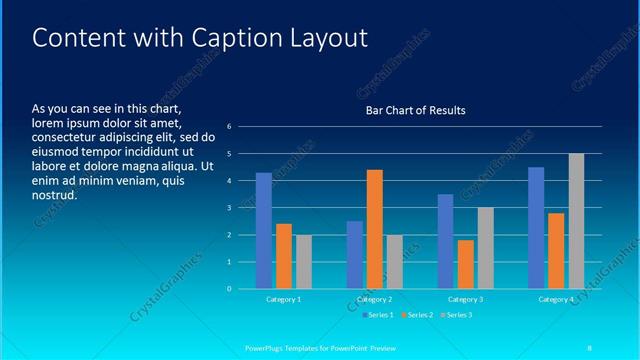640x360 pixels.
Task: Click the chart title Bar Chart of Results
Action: coord(415,110)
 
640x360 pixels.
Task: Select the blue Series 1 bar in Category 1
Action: coord(263,231)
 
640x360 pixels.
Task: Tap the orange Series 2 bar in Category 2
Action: coord(375,229)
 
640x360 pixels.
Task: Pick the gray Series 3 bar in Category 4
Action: coord(576,221)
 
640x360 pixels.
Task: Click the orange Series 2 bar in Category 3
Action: coord(466,264)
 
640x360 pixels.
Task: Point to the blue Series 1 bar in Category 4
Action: coord(536,228)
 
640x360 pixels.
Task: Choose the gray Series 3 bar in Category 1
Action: coord(303,262)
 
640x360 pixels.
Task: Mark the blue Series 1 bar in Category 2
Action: coord(355,255)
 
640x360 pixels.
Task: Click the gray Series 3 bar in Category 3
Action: coord(486,248)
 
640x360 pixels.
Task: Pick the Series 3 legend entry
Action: coord(457,315)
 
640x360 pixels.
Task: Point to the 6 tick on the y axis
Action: coord(229,127)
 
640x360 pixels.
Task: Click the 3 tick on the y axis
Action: coord(229,208)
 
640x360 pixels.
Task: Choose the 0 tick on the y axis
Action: coord(229,289)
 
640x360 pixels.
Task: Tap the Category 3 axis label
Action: coord(466,299)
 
